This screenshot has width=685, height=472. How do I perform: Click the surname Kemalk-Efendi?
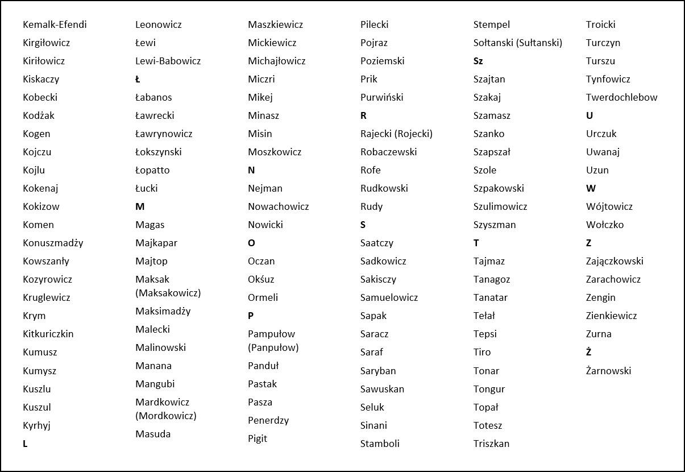(55, 24)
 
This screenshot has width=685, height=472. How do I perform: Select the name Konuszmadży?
(53, 243)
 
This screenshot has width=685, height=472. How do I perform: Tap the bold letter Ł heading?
(138, 79)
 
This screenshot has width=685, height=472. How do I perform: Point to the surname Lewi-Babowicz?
(168, 61)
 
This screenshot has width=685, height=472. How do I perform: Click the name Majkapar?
(156, 243)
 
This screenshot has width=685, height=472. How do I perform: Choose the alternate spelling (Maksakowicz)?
(168, 293)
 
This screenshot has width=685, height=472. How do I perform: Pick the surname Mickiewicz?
(272, 43)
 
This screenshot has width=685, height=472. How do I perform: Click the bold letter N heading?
(251, 170)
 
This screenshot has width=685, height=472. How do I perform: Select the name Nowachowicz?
(278, 206)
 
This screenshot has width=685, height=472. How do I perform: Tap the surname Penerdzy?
(268, 420)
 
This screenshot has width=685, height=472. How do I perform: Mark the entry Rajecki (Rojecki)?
(396, 134)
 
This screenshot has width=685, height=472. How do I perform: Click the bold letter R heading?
(363, 115)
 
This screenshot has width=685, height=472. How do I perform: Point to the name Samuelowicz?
(389, 297)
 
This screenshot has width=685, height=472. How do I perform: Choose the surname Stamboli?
(380, 444)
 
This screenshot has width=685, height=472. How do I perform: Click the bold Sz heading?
(478, 61)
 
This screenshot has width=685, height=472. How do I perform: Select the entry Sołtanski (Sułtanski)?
(517, 43)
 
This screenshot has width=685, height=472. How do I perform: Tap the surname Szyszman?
(495, 225)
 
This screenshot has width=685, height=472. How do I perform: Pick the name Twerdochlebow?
(621, 97)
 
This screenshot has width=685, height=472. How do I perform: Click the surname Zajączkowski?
(615, 261)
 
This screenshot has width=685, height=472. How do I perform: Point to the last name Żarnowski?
(608, 371)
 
